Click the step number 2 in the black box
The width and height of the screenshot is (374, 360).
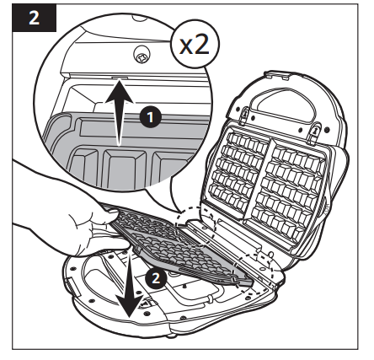(x=32, y=19)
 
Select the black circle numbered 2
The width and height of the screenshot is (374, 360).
(x=153, y=276)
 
